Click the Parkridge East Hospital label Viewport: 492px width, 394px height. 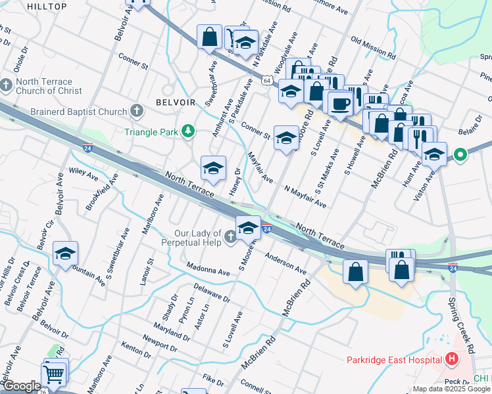click(x=394, y=360)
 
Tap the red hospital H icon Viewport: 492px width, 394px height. click(x=451, y=359)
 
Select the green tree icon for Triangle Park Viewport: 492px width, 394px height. click(x=189, y=132)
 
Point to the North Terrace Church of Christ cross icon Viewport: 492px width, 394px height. click(x=7, y=85)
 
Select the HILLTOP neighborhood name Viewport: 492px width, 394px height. click(x=47, y=6)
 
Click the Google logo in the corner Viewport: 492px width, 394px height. click(x=21, y=386)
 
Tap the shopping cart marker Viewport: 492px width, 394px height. click(x=55, y=374)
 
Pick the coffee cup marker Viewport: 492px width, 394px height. click(x=340, y=103)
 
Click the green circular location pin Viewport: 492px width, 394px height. click(x=460, y=156)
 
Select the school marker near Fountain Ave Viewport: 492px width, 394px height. click(x=65, y=253)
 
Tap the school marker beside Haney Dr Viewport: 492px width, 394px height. click(x=213, y=169)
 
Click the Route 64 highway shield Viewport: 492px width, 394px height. click(x=266, y=80)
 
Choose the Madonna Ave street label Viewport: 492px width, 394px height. click(x=208, y=270)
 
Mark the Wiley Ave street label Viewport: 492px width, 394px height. click(x=84, y=175)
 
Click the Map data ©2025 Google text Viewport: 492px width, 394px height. click(x=451, y=389)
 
